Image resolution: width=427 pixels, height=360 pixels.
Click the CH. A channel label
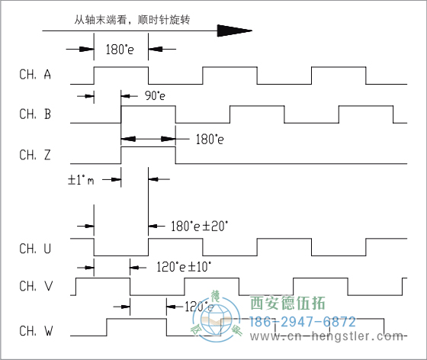click(36, 75)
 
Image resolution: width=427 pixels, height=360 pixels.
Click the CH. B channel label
click(36, 114)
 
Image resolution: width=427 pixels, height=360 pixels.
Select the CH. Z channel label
click(36, 154)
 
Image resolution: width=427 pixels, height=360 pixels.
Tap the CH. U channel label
click(36, 248)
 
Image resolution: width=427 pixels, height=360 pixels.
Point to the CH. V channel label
click(36, 287)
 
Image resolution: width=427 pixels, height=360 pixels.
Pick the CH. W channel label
click(36, 331)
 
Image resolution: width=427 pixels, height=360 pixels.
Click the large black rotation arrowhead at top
click(233, 31)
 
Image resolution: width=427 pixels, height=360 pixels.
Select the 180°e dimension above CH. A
click(120, 50)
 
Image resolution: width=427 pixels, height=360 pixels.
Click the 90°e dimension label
click(155, 97)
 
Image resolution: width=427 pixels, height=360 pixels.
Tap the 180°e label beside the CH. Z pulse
click(210, 140)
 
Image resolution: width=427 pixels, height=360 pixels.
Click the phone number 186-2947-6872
click(303, 322)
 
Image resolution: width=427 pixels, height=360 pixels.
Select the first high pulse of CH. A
click(120, 67)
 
